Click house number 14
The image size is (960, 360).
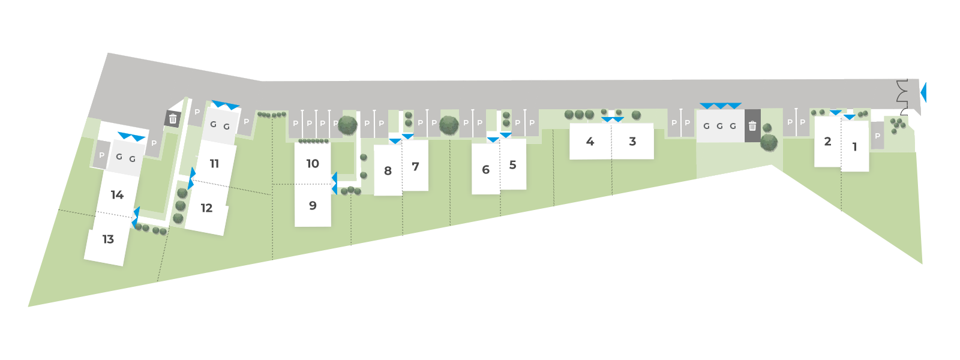[117, 194]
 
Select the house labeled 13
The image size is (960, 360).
[108, 239]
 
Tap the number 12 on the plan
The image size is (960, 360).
[206, 208]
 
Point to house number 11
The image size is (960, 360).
[214, 163]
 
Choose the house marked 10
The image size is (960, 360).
[313, 163]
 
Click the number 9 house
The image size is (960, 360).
[313, 205]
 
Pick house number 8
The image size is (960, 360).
[388, 171]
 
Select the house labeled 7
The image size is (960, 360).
[415, 166]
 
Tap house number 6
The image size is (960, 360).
[485, 170]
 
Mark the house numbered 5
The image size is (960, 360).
[512, 164]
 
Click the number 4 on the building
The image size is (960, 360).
[590, 141]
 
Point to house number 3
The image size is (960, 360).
[632, 141]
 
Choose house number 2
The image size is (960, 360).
[827, 141]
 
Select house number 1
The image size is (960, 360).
[854, 146]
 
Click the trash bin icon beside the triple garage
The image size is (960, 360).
[752, 126]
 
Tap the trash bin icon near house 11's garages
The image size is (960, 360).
[173, 119]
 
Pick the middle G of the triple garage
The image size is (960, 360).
[719, 126]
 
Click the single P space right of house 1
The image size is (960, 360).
[877, 136]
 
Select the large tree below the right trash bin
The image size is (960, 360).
[769, 143]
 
